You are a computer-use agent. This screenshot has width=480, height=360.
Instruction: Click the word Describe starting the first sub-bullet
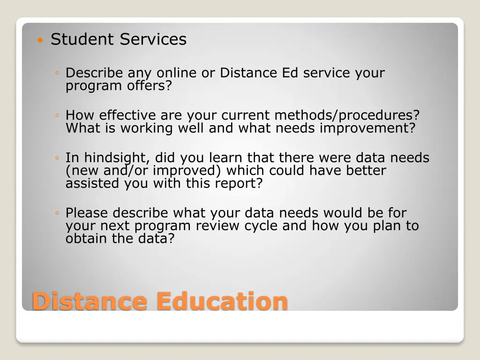(x=94, y=73)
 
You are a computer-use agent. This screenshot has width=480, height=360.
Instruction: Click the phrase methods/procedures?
(x=347, y=115)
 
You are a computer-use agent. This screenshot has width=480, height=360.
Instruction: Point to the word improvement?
(x=367, y=128)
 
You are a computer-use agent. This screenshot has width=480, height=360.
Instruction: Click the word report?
(x=239, y=183)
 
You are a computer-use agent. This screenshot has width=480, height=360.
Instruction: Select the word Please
(x=87, y=213)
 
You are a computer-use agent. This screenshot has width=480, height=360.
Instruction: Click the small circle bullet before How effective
(x=56, y=116)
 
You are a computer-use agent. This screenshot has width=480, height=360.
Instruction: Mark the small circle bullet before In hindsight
(x=56, y=158)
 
